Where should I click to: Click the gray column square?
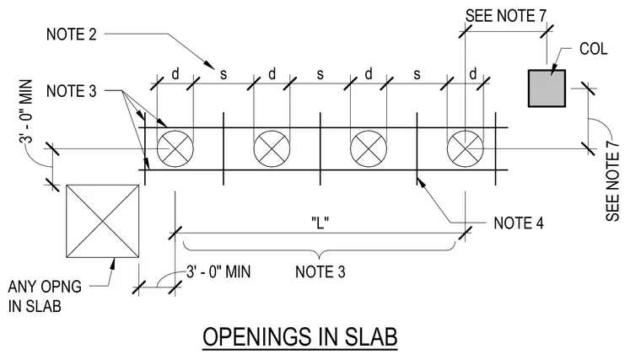547,89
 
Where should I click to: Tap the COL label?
593,49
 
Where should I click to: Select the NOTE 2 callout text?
72,35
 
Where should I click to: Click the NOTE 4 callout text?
519,223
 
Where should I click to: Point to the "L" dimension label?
320,223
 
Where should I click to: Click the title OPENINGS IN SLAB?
300,337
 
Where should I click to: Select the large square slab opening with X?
103,221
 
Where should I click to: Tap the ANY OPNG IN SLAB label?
45,296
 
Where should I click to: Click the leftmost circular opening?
175,148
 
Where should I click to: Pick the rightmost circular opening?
466,148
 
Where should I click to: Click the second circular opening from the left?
272,148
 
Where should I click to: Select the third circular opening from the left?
369,148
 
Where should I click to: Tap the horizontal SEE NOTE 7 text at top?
506,16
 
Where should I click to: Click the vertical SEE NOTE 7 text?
612,181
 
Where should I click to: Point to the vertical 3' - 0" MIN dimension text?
25,111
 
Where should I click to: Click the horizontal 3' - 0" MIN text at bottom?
218,271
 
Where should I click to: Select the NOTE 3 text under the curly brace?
320,271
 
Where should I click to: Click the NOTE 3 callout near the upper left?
72,91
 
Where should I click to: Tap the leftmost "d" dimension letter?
175,74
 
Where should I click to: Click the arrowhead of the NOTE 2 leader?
210,66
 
